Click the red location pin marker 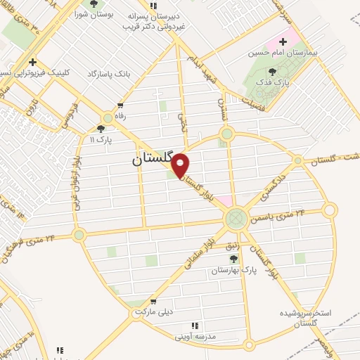click(x=181, y=166)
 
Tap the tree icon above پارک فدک click(x=272, y=71)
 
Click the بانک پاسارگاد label click(x=109, y=74)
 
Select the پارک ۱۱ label click(x=101, y=141)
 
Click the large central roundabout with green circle click(x=236, y=219)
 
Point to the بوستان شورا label click(x=94, y=15)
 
